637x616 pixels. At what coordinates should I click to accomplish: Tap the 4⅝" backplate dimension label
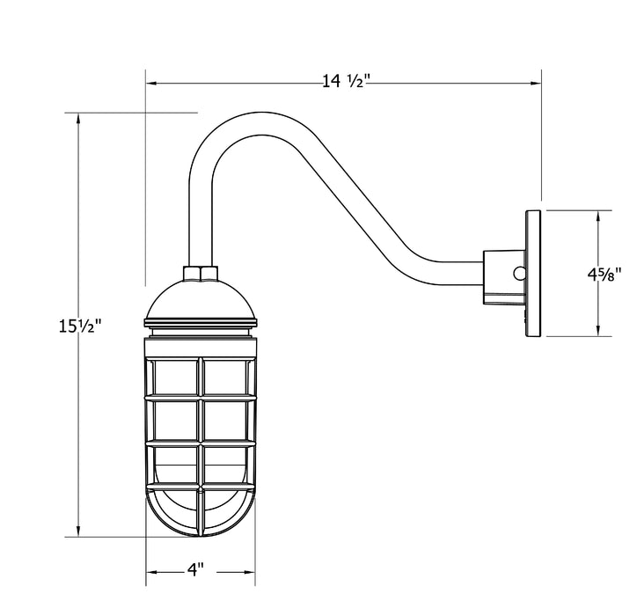(x=604, y=275)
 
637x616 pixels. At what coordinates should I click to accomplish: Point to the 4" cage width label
(x=195, y=569)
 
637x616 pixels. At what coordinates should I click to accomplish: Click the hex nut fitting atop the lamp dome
(x=201, y=274)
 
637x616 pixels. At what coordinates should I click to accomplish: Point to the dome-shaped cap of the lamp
(x=201, y=299)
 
